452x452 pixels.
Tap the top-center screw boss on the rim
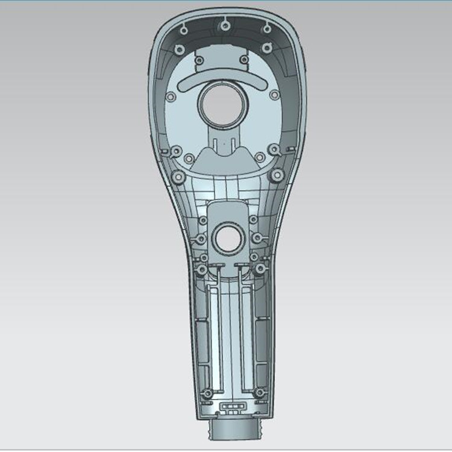click(x=225, y=25)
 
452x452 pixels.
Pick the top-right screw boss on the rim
click(x=266, y=28)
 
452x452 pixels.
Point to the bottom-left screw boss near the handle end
click(x=207, y=393)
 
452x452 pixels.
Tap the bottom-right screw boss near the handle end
click(x=259, y=392)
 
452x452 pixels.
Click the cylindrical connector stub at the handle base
click(x=235, y=430)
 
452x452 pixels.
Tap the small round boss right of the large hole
click(x=275, y=95)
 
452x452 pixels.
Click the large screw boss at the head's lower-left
click(x=178, y=177)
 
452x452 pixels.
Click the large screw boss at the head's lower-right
click(x=277, y=175)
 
